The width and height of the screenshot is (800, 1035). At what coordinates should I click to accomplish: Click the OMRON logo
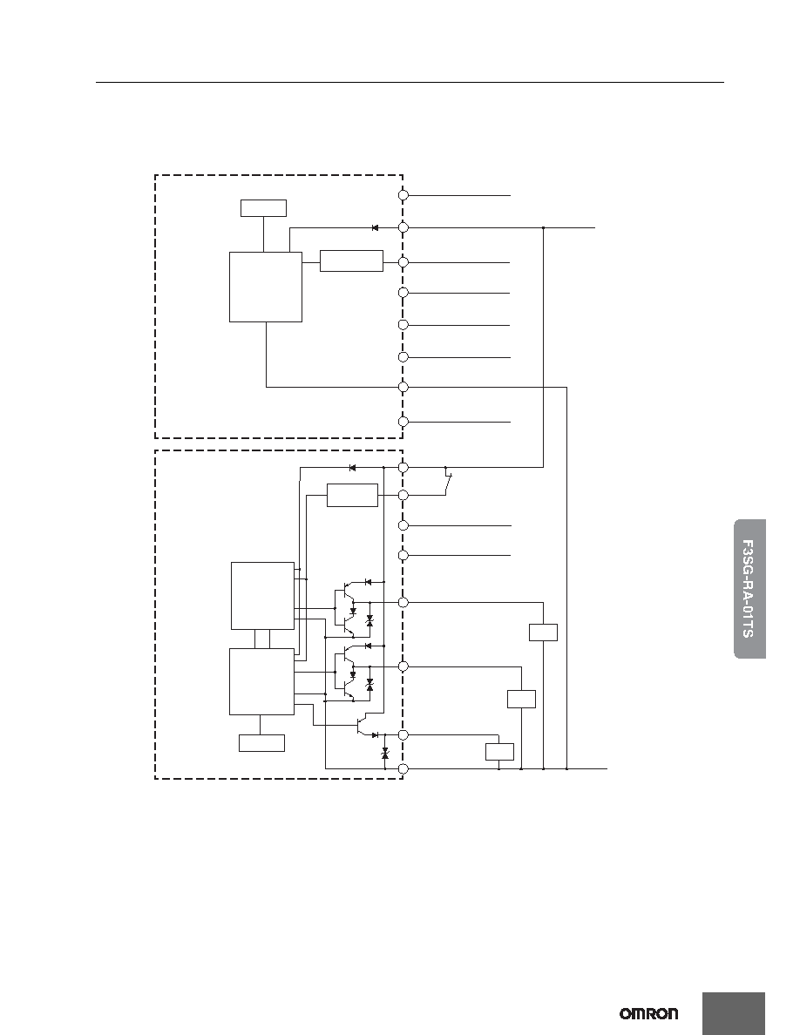[648, 1013]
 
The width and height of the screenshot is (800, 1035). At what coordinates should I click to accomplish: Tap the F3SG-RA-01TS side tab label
[749, 589]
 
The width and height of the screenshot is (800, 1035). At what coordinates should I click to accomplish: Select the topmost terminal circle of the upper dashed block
[403, 195]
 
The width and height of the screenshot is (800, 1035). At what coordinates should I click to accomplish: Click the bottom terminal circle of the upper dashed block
[403, 422]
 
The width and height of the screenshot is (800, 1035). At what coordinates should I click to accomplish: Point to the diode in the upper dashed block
[375, 227]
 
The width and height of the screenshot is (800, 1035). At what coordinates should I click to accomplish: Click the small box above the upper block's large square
[263, 208]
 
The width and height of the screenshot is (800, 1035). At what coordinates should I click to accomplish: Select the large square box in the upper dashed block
[265, 287]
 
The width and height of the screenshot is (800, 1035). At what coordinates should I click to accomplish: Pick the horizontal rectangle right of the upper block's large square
[351, 261]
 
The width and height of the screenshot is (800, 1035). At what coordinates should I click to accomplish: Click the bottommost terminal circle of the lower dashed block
[403, 769]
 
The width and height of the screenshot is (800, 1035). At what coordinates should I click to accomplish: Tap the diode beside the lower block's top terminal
[352, 468]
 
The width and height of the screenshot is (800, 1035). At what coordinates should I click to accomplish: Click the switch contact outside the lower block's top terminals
[448, 481]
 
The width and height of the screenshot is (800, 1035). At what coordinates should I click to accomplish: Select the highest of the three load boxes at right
[543, 632]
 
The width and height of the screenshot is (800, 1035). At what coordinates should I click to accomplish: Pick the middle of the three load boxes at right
[521, 699]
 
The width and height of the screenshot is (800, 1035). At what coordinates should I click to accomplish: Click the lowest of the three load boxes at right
[499, 752]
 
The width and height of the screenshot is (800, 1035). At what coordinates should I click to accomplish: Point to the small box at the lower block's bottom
[261, 743]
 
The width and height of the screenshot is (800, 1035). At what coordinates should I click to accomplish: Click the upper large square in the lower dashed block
[262, 596]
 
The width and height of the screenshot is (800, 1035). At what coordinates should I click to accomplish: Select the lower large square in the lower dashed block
[262, 682]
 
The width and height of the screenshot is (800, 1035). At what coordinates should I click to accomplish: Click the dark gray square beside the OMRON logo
[734, 1013]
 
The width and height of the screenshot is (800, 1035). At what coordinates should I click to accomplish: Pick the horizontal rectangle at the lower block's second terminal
[352, 496]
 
